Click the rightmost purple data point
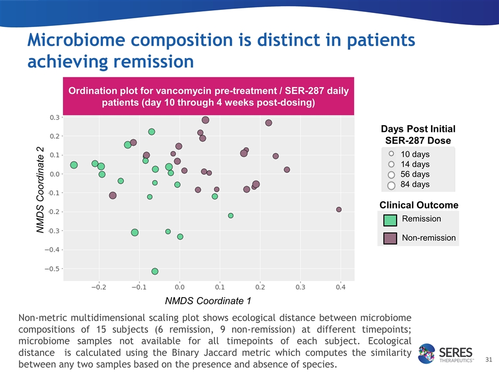point(339,209)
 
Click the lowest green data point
point(155,271)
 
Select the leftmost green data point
point(74,165)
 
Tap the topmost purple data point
point(205,120)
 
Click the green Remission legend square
point(390,220)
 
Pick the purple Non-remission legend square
point(390,238)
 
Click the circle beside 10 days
point(391,154)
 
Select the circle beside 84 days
point(391,185)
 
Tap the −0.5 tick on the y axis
point(52,269)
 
